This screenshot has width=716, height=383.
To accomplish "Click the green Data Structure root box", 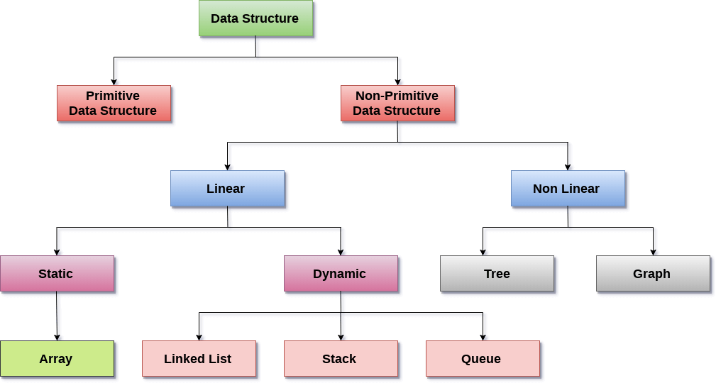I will click(x=255, y=18).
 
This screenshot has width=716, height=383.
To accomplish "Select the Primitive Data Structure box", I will click(x=114, y=104).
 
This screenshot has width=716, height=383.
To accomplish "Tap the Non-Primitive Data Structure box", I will click(x=397, y=104).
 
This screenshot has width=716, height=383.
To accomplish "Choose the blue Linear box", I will click(x=227, y=189).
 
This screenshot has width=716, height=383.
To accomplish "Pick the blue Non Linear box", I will click(x=568, y=189).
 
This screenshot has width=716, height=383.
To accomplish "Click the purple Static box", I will click(x=57, y=274).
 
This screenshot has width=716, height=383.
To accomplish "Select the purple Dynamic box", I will click(x=341, y=274).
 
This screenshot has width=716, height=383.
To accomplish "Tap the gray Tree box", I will click(x=497, y=274).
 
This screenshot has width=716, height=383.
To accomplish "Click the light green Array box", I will click(x=57, y=359).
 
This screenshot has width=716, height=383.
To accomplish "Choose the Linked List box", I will click(x=199, y=359).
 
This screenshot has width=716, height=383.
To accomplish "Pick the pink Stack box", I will click(x=341, y=359).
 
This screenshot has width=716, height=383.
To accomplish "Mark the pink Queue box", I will click(x=483, y=359).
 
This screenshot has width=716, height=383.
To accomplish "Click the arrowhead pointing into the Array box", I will click(x=57, y=337).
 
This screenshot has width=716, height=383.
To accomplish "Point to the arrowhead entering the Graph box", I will click(x=653, y=252).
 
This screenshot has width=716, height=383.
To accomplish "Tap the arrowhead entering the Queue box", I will click(x=483, y=337).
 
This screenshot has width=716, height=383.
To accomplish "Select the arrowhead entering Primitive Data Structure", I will click(x=114, y=82).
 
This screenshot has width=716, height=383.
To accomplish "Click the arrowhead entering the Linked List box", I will click(x=199, y=337).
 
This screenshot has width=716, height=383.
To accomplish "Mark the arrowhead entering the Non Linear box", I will click(x=568, y=167).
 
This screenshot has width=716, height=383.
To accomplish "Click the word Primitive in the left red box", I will click(x=113, y=96).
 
